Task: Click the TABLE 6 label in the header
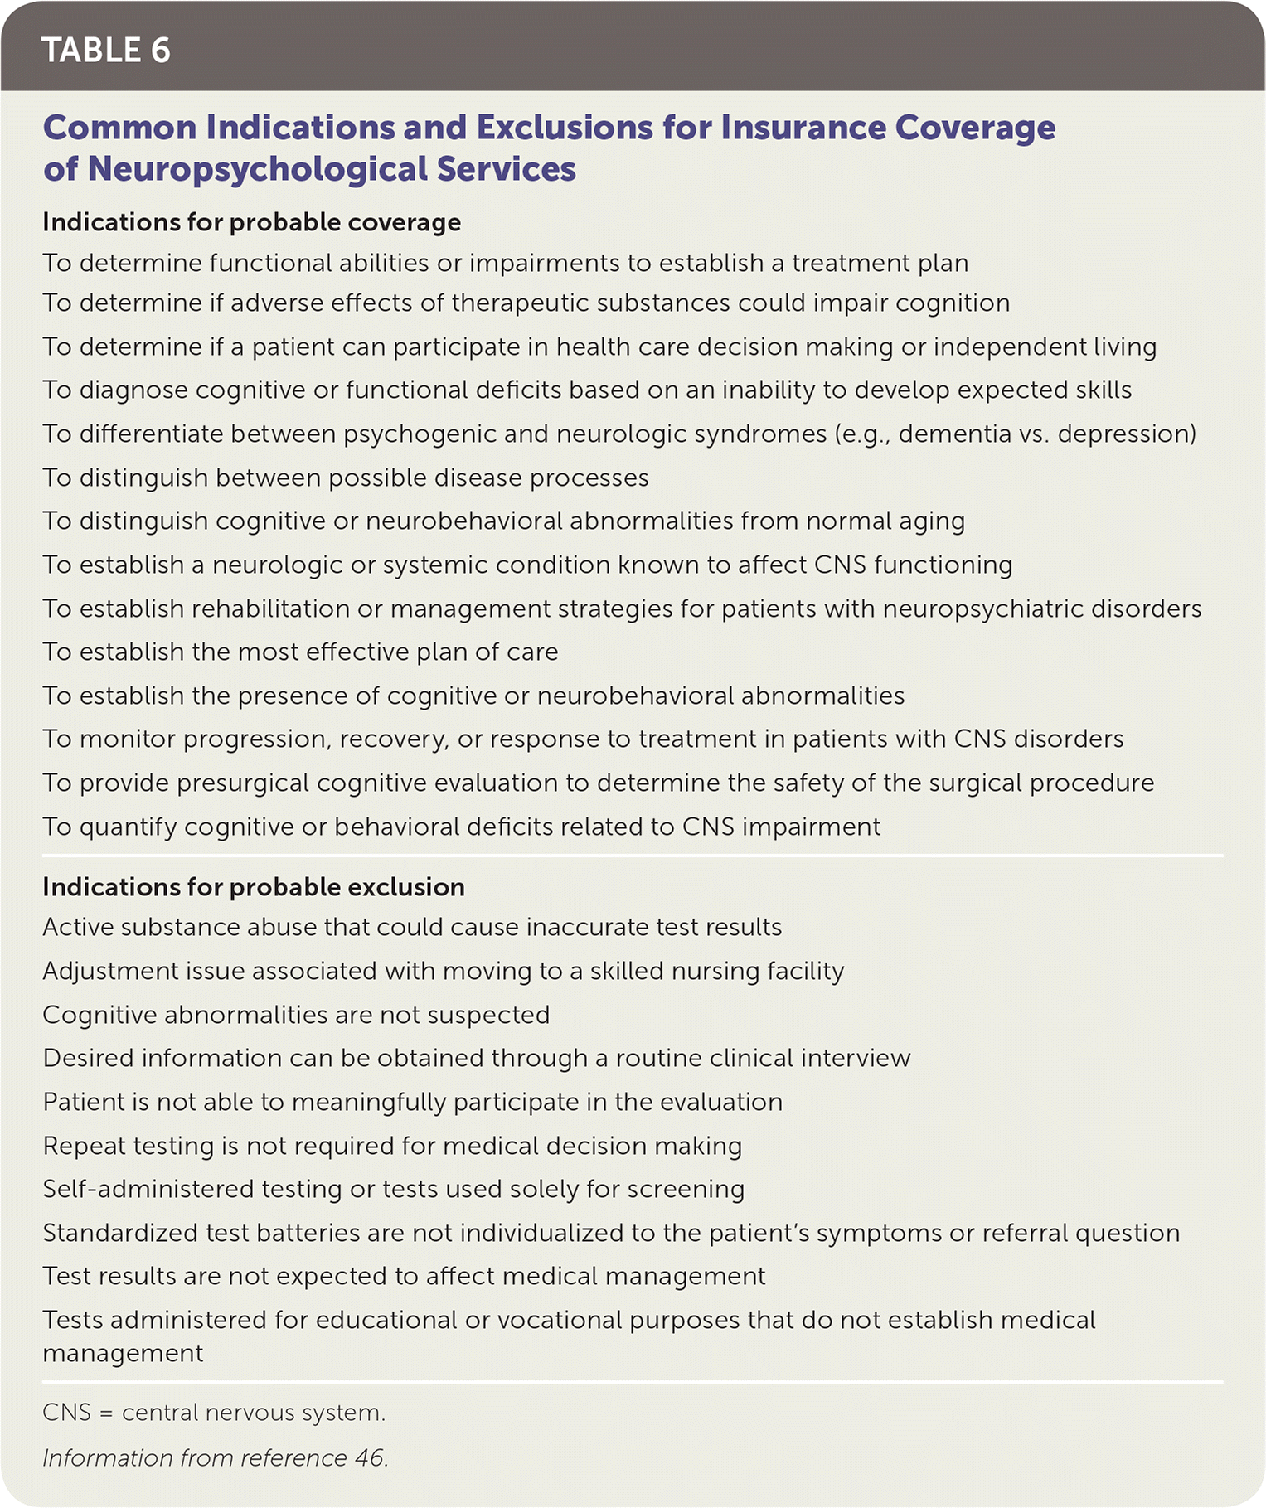coord(105,50)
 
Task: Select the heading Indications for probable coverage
coord(251,222)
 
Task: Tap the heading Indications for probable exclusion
coord(253,887)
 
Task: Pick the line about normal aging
coord(503,521)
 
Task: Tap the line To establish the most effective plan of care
coord(300,652)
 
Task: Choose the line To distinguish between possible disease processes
coord(345,478)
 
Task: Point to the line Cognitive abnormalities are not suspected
coord(296,1015)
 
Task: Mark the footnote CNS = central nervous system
coord(214,1413)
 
